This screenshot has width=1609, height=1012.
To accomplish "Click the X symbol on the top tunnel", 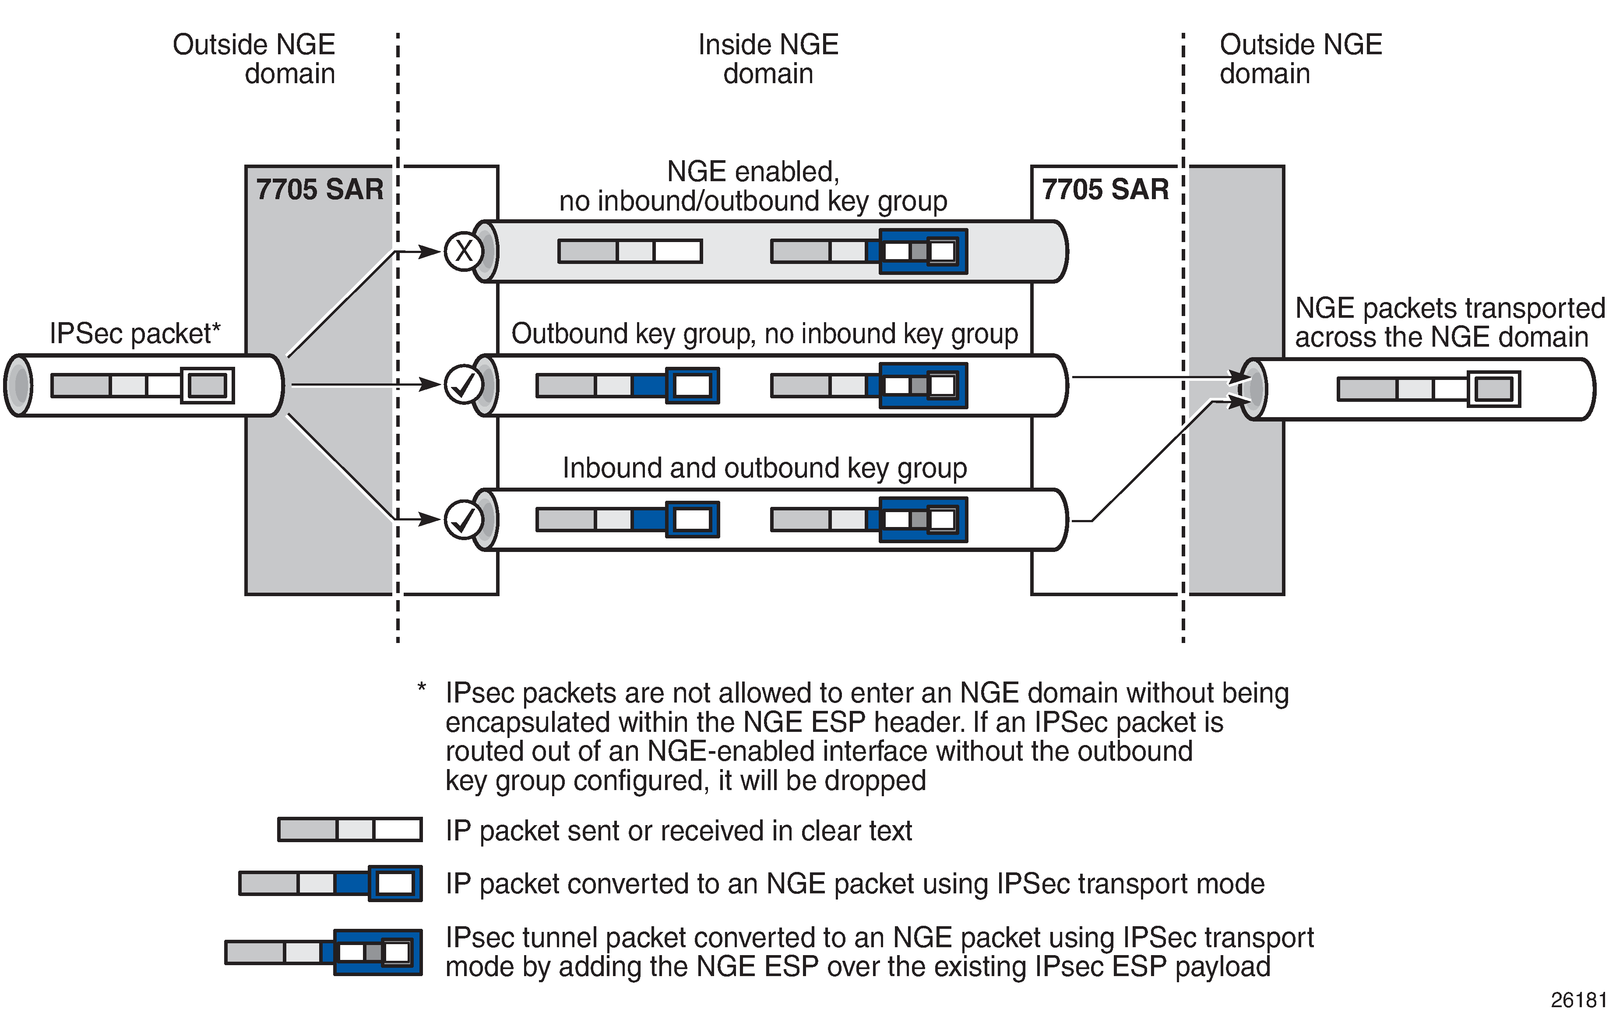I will click(464, 251).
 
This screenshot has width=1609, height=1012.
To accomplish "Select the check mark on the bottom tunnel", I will click(464, 519).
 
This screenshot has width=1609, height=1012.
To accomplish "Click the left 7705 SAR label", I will click(320, 189).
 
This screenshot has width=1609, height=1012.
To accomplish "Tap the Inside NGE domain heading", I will click(768, 59).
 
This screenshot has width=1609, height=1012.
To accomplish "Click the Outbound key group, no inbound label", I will click(764, 334).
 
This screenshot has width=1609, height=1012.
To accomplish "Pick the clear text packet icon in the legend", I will click(350, 829).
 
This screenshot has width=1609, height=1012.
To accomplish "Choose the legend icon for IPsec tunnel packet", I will click(324, 952).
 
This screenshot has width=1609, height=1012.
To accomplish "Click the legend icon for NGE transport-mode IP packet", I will click(331, 883).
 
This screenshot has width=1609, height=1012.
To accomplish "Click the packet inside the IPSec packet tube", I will click(142, 386).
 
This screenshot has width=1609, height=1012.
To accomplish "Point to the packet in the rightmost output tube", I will click(1429, 389).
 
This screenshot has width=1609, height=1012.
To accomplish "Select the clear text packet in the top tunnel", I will click(630, 251).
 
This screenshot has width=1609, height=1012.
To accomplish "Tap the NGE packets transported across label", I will click(1449, 323).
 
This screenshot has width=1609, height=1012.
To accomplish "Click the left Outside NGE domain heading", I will click(254, 59).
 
